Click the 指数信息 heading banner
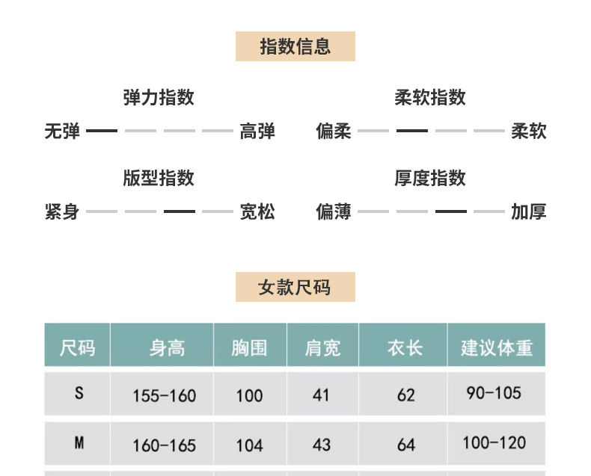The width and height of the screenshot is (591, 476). [x=295, y=46]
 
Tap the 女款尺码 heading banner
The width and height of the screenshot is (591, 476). [x=295, y=287]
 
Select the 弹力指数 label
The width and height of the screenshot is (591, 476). [x=159, y=97]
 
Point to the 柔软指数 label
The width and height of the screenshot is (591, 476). [x=430, y=97]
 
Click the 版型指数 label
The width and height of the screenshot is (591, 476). [x=159, y=178]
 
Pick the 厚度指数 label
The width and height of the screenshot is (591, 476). [x=430, y=178]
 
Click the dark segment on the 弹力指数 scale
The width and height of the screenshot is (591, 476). [x=102, y=131]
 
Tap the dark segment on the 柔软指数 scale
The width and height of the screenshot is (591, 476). [x=411, y=131]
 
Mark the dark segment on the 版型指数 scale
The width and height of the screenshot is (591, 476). [x=180, y=211]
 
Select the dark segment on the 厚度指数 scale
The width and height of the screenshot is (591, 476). [x=450, y=211]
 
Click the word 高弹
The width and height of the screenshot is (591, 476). [x=257, y=132]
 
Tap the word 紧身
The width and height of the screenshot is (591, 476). [x=62, y=212]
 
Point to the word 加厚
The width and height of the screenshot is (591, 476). [x=529, y=212]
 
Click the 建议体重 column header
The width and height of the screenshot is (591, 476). [x=497, y=347]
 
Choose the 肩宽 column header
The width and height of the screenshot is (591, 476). [x=322, y=347]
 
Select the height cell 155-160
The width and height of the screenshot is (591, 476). [x=164, y=395]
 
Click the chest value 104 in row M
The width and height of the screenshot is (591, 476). [x=249, y=445]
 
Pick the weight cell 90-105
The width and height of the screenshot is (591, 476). [x=494, y=393]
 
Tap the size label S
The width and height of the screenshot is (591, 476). [x=79, y=393]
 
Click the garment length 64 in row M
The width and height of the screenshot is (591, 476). [x=406, y=445]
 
